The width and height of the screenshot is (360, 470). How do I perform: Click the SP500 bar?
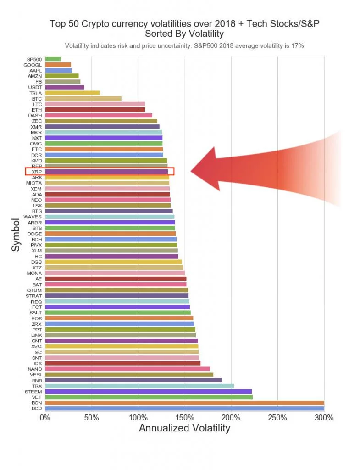53,59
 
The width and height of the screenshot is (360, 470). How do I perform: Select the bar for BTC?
83,99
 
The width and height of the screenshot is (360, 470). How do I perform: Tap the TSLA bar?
72,93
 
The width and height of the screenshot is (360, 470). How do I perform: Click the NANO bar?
127,369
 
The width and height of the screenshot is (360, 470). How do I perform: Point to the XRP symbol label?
37,172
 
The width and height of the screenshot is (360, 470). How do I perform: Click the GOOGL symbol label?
33,65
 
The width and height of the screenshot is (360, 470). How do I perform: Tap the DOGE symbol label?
35,234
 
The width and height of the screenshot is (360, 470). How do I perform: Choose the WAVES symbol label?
33,217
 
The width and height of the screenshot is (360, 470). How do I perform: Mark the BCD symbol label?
37,408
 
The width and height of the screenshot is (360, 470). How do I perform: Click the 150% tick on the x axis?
185,418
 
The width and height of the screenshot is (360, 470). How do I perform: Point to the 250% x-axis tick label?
278,418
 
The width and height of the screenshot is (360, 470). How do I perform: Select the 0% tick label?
45,418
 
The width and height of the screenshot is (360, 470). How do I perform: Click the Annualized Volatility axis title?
184,428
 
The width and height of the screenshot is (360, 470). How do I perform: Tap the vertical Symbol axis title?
16,235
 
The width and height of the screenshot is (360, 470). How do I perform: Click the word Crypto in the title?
107,23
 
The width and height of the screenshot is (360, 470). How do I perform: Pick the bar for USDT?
64,87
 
